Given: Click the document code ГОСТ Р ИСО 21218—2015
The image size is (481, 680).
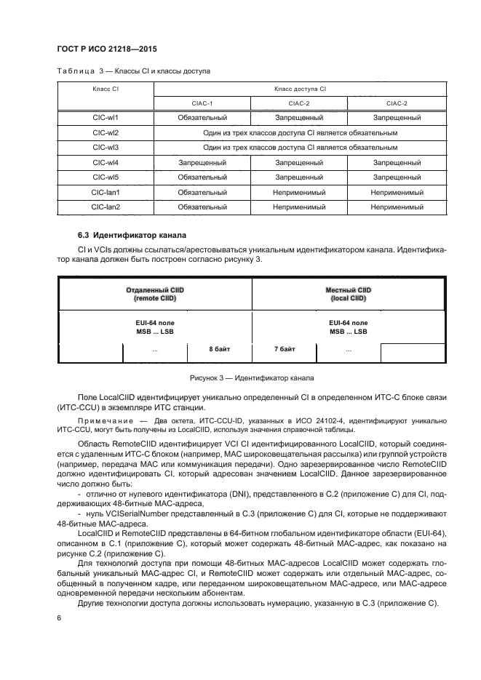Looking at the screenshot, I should tap(107, 49).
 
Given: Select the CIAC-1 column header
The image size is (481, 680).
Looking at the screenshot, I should tap(202, 103).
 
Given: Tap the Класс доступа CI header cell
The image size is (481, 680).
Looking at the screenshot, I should tap(299, 88).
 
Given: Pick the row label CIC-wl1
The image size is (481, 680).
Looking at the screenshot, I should tap(105, 118).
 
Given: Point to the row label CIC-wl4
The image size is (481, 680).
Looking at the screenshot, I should tap(105, 163).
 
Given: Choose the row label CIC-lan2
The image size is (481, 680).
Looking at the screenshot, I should tap(105, 207).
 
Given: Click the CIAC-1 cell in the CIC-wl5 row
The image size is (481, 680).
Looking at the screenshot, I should tap(202, 177).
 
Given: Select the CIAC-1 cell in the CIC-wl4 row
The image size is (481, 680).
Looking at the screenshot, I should tap(202, 163).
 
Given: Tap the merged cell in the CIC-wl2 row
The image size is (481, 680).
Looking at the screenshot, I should tap(299, 133).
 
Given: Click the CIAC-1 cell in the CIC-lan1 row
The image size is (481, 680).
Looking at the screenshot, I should tap(202, 193).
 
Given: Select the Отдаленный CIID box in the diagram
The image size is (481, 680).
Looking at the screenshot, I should tap(154, 294).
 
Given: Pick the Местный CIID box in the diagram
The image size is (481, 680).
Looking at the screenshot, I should tap(348, 294).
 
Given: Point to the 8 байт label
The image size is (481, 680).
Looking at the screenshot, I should tap(219, 350).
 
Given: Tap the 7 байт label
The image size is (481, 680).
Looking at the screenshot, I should tap(284, 350).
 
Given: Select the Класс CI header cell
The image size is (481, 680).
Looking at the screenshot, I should tap(105, 88).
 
